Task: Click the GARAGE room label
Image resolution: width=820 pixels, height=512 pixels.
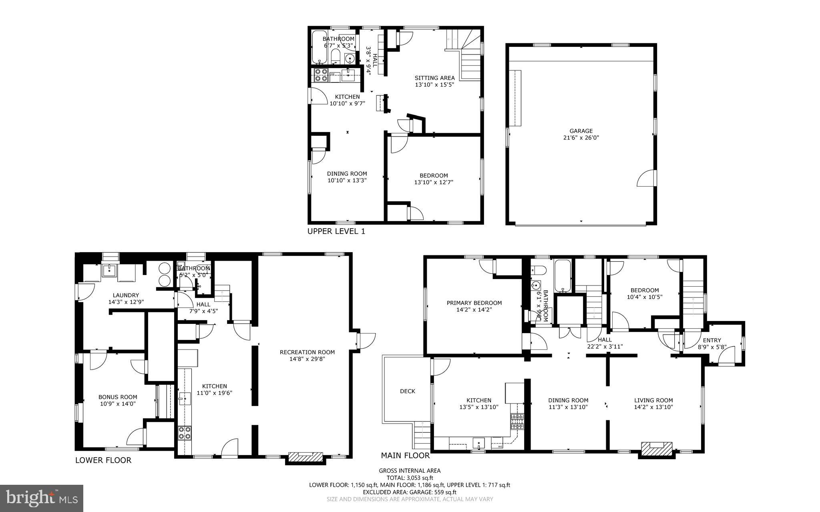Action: [x=581, y=131]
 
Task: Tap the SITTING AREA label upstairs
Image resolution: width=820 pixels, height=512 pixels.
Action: [x=434, y=78]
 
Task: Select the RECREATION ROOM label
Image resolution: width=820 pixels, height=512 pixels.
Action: [x=307, y=352]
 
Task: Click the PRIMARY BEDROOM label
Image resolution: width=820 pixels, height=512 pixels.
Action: [x=474, y=303]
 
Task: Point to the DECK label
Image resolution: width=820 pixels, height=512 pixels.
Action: [x=408, y=391]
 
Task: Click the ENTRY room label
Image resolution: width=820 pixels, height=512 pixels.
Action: [x=711, y=341]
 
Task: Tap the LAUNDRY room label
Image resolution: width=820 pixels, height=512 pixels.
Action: [x=126, y=295]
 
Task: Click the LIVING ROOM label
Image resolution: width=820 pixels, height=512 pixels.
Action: [x=653, y=400]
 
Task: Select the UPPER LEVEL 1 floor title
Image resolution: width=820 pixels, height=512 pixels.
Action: [x=336, y=231]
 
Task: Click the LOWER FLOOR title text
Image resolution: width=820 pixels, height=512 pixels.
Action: [x=103, y=460]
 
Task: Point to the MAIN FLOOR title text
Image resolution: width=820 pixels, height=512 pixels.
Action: [x=405, y=456]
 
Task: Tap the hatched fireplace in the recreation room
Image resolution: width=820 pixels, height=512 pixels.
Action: [x=305, y=457]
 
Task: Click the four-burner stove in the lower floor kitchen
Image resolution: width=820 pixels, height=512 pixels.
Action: [x=185, y=433]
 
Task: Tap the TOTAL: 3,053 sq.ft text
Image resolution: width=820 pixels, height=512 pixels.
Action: [x=410, y=478]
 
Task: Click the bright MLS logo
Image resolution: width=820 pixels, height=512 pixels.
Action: [x=42, y=498]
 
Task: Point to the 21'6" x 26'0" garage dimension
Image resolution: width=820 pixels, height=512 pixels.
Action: [x=581, y=138]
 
